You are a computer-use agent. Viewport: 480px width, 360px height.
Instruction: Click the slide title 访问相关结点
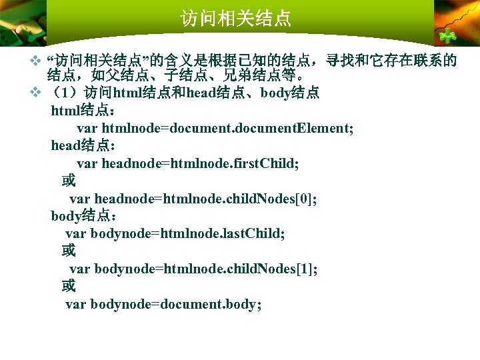236,18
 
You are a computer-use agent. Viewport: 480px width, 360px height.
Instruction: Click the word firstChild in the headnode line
265,163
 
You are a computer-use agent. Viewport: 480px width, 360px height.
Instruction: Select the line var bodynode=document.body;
163,304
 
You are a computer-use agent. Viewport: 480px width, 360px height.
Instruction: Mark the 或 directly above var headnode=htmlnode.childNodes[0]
69,181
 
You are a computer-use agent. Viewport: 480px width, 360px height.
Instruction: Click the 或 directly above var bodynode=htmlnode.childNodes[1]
69,251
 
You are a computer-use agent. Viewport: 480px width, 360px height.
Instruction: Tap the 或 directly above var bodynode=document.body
69,286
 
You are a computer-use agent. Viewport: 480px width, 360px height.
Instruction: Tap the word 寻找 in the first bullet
342,61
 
